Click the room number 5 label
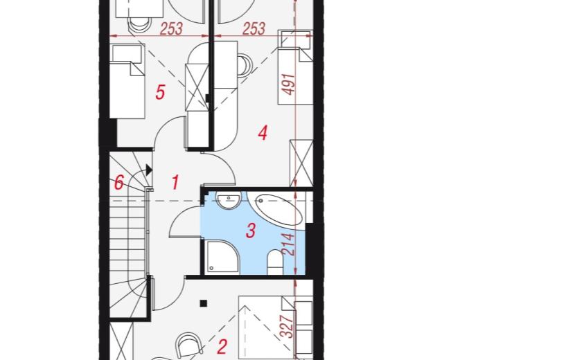[x=160, y=91]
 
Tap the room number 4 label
[x=263, y=133]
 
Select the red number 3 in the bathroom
[x=251, y=231]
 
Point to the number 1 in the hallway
[x=175, y=182]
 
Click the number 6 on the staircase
[x=119, y=183]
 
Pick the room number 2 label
[x=222, y=347]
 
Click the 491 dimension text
[x=290, y=84]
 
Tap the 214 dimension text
[x=289, y=244]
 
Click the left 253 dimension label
[x=171, y=29]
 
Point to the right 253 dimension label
[x=254, y=28]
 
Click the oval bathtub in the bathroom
[x=278, y=210]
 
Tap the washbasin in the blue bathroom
[x=229, y=201]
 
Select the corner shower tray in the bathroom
[x=222, y=257]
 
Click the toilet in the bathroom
[x=275, y=262]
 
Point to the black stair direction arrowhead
[x=149, y=170]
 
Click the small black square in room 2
[x=204, y=303]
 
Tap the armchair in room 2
[x=189, y=345]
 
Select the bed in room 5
[x=127, y=81]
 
